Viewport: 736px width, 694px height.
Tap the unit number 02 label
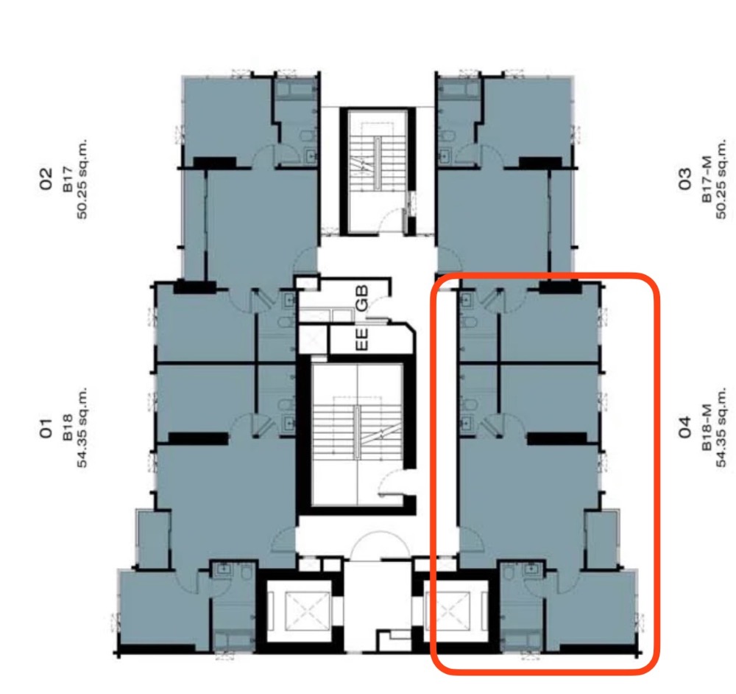tap(46, 178)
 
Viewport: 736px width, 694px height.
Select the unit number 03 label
tap(684, 178)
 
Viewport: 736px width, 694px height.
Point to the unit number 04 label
tap(684, 427)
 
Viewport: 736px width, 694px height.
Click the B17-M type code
tap(707, 179)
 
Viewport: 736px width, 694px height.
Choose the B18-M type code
tap(707, 427)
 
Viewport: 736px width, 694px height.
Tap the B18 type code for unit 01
tap(68, 427)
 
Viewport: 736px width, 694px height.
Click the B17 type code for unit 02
tap(68, 179)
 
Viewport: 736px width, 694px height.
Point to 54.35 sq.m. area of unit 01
tap(82, 427)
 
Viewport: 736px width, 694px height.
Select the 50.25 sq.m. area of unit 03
tap(721, 179)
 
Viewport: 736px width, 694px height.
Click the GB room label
tap(362, 298)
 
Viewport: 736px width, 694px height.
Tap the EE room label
tap(362, 339)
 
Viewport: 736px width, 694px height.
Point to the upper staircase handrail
tap(378, 163)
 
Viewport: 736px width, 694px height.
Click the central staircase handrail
tap(357, 432)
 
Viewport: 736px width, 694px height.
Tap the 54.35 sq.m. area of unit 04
tap(721, 427)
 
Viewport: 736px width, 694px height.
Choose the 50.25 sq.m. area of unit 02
tap(82, 179)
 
